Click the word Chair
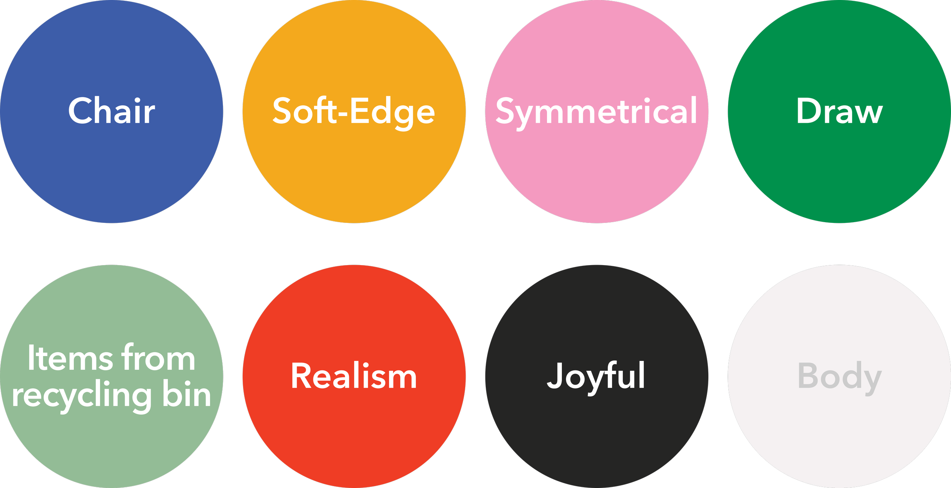coord(111,111)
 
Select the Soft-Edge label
coord(354,111)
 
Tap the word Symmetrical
coord(596,111)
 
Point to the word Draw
coord(839,111)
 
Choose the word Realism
coord(354,376)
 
